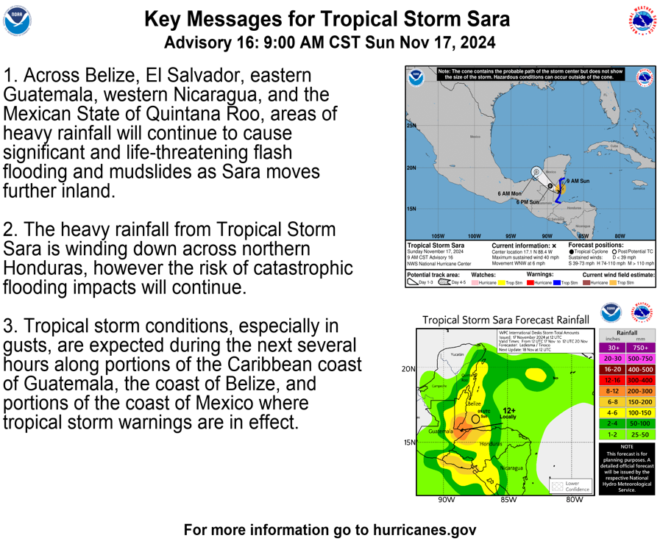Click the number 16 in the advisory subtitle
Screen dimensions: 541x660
pyautogui.click(x=233, y=42)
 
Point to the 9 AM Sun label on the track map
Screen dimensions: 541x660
pyautogui.click(x=577, y=180)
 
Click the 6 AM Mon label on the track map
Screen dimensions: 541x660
pyautogui.click(x=509, y=194)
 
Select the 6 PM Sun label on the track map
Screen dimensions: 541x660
pyautogui.click(x=528, y=202)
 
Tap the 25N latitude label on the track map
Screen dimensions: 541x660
pyautogui.click(x=411, y=126)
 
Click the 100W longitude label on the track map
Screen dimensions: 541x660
pyautogui.click(x=475, y=236)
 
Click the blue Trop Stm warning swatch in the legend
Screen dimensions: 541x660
pyautogui.click(x=557, y=282)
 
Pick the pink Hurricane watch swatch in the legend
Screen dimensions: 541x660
pyautogui.click(x=475, y=282)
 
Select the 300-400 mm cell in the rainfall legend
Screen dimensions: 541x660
pyautogui.click(x=640, y=380)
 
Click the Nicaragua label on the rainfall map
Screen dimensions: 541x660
pyautogui.click(x=511, y=467)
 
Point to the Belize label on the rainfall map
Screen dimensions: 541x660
pyautogui.click(x=474, y=404)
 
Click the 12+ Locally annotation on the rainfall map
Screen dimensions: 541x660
pyautogui.click(x=508, y=413)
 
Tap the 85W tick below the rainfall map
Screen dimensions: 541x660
pyautogui.click(x=508, y=500)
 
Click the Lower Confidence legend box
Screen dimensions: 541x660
pyautogui.click(x=571, y=486)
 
